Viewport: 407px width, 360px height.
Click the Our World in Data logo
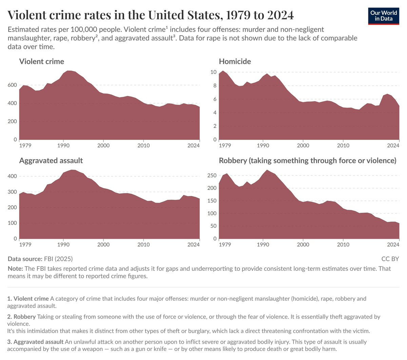(x=384, y=16)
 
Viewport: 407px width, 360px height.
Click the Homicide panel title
(x=235, y=61)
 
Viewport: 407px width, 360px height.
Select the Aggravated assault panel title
(x=51, y=160)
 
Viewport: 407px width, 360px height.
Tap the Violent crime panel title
(x=41, y=61)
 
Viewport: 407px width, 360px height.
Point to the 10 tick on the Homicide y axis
(x=213, y=72)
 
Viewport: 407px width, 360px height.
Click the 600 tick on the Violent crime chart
(x=12, y=85)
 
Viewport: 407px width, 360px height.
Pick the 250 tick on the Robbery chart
(x=212, y=175)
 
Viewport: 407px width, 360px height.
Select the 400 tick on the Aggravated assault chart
(x=12, y=176)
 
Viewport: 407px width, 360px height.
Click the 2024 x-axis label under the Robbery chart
(x=393, y=244)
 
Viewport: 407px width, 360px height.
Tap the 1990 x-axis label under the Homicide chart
(x=263, y=145)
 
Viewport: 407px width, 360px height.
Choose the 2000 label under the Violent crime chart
(x=103, y=145)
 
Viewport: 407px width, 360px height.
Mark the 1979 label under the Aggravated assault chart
(x=25, y=244)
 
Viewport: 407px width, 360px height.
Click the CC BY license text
(x=390, y=259)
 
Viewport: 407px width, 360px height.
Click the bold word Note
(x=15, y=268)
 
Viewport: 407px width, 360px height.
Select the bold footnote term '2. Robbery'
(x=21, y=317)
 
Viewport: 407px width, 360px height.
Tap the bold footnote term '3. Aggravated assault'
(x=35, y=342)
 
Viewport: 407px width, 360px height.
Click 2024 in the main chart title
(x=280, y=15)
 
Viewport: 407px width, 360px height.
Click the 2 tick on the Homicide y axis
(x=215, y=126)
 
